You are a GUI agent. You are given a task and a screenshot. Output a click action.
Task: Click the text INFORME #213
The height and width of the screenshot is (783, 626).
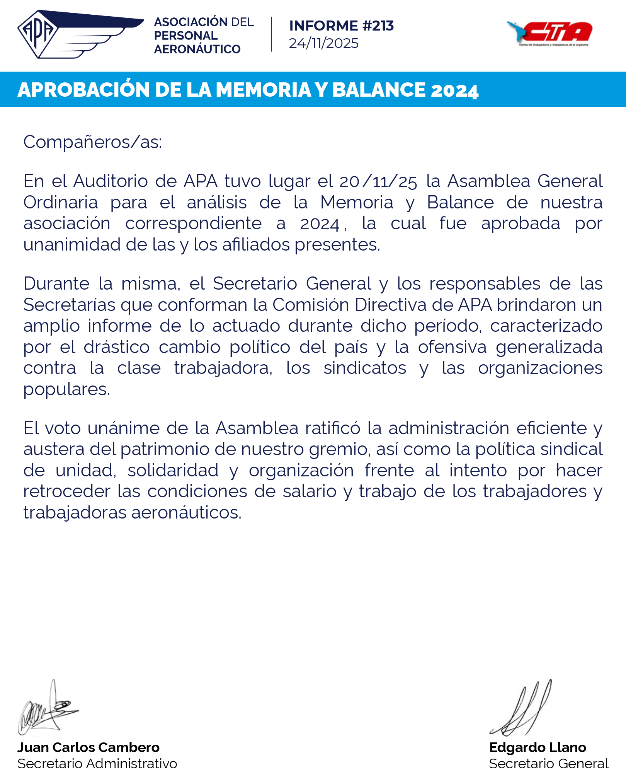click(x=341, y=26)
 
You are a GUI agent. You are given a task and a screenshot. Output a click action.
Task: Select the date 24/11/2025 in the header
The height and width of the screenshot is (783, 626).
click(x=323, y=43)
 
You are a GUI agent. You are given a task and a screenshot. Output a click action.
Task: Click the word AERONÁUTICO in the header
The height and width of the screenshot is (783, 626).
click(x=197, y=49)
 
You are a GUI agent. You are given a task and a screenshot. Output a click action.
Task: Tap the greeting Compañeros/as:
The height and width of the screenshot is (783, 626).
click(x=92, y=142)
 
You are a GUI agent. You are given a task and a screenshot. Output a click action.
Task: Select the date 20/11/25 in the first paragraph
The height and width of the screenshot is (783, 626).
click(x=378, y=181)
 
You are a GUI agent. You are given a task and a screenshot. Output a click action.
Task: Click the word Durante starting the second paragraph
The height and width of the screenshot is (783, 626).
click(x=56, y=283)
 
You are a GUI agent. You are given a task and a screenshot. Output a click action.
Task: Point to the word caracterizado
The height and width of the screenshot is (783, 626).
click(x=546, y=326)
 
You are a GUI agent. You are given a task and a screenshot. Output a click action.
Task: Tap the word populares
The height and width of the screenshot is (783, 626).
click(x=66, y=389)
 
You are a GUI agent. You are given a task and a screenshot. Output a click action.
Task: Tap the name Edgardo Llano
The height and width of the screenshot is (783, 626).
click(x=538, y=747)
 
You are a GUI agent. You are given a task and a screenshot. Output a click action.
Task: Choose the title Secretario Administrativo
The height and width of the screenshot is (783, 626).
click(x=97, y=764)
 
